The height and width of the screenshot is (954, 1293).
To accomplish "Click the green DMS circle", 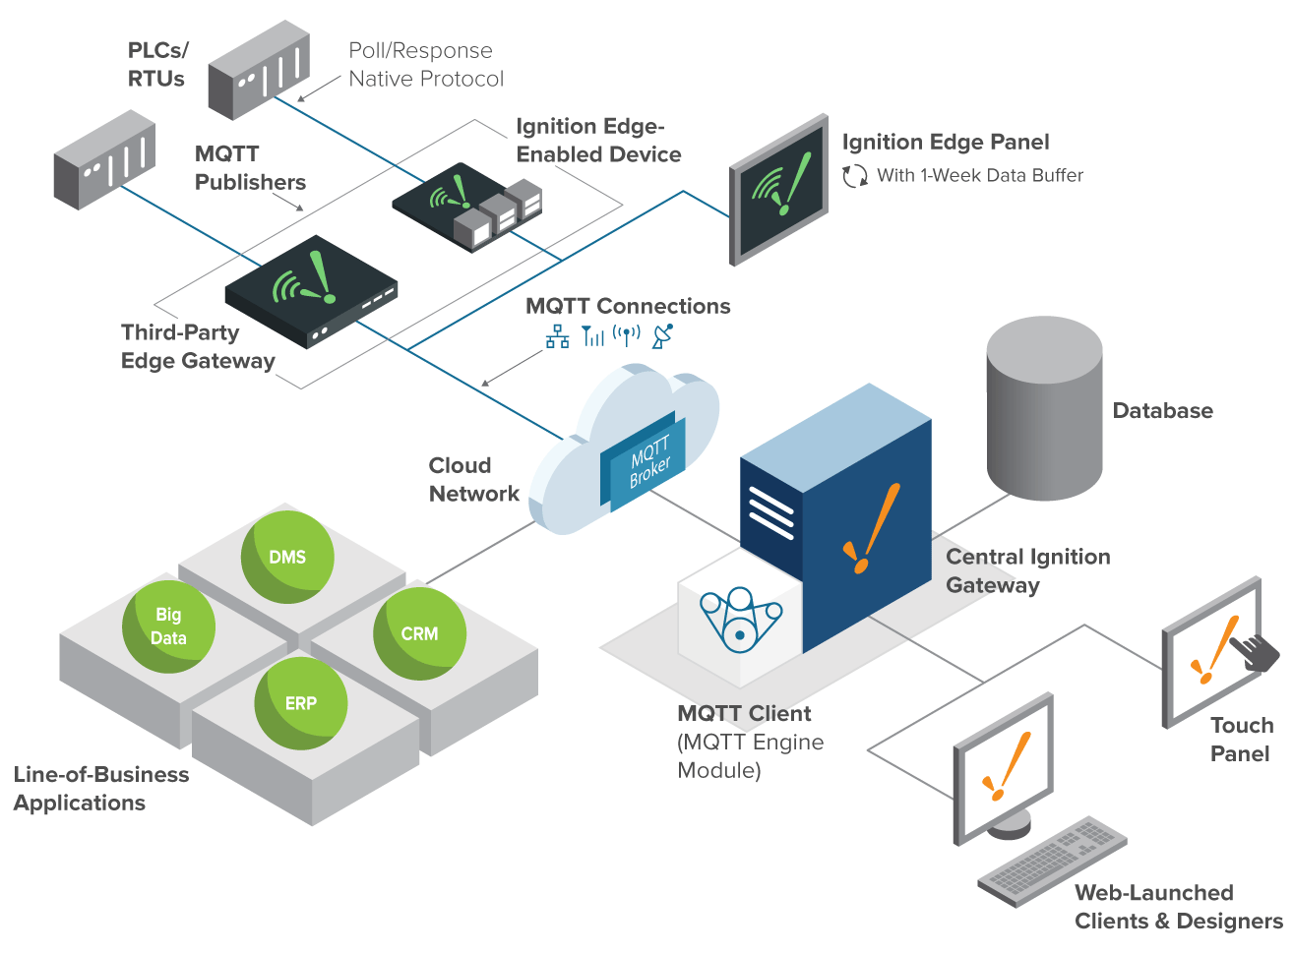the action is point(287,557).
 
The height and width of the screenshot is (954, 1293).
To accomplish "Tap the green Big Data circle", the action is point(168,626).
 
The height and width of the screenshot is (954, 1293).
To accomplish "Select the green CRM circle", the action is point(420,633).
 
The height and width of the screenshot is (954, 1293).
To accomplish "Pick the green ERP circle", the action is point(301,703).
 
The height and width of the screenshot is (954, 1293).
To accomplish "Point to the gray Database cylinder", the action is point(1044,408).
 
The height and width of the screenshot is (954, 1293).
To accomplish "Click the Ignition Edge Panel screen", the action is point(779,190).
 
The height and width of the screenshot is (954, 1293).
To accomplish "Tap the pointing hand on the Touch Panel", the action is point(1255,652).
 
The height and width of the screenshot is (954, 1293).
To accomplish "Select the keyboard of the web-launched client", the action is point(1053,862).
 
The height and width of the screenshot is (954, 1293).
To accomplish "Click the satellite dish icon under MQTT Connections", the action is point(662,335).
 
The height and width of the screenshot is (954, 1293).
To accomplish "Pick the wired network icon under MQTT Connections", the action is point(557,336).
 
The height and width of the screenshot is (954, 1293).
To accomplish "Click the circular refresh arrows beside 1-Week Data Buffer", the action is point(854,175).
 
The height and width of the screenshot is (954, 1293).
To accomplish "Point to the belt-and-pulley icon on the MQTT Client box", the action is point(740,619).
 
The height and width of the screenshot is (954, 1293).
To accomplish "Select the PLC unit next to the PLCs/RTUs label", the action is point(259,70).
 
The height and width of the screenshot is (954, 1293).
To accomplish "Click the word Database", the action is point(1162,410).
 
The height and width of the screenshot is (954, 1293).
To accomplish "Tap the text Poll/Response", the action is point(420,51).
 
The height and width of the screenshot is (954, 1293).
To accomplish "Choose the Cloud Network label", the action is point(473,479).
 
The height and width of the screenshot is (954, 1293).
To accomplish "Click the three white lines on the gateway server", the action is point(770,512).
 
